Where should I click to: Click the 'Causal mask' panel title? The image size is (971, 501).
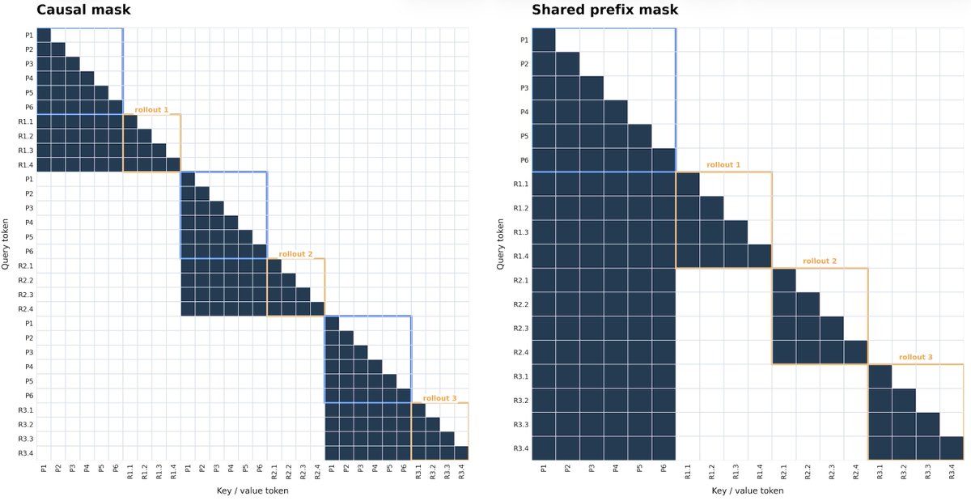(x=83, y=10)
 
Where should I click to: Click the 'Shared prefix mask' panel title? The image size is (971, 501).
(x=604, y=10)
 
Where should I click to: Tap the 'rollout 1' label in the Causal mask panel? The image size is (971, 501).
(x=151, y=110)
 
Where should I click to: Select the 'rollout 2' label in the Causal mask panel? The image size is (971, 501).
(x=295, y=254)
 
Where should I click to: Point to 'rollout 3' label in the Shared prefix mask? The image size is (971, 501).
(x=915, y=357)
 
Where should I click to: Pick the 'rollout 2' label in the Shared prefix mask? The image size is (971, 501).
(x=819, y=261)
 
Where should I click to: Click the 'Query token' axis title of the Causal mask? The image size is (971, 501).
(x=5, y=244)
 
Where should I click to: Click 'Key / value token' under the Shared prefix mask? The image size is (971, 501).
(x=748, y=490)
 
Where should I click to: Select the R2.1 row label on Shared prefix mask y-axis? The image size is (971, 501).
(x=520, y=280)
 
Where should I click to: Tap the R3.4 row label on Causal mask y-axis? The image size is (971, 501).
(x=26, y=453)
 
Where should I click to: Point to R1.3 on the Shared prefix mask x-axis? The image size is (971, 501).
(x=736, y=472)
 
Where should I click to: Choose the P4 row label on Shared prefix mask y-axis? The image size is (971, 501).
(x=524, y=112)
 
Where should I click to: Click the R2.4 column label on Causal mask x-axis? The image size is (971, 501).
(x=317, y=472)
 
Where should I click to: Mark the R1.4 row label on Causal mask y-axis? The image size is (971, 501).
(x=26, y=165)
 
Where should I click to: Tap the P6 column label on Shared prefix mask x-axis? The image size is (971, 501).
(x=664, y=469)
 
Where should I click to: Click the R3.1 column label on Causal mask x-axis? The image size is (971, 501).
(x=418, y=472)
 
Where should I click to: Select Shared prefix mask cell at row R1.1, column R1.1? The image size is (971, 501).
(x=688, y=184)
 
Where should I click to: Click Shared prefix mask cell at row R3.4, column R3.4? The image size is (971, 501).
(x=952, y=448)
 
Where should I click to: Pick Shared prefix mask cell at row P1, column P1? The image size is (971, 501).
(x=544, y=40)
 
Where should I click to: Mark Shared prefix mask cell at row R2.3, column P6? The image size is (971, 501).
(x=664, y=329)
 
